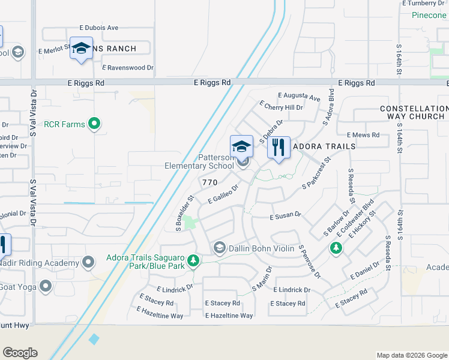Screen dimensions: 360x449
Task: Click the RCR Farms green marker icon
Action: click(x=94, y=124)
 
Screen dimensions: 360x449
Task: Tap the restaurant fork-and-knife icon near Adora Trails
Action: click(x=278, y=147)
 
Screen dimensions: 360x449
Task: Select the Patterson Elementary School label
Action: click(x=200, y=161)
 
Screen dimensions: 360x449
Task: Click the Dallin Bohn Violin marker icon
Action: click(x=219, y=248)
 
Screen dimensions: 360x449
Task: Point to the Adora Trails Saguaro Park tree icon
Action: click(x=193, y=260)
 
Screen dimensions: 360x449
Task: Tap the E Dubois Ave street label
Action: click(x=99, y=28)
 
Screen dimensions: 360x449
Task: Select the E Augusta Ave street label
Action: click(x=299, y=96)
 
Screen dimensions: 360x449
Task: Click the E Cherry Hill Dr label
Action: click(x=281, y=107)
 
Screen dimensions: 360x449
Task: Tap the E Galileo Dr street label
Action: click(x=223, y=194)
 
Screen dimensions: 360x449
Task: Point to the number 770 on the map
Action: click(x=209, y=182)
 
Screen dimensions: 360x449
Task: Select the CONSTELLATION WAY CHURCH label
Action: click(x=414, y=112)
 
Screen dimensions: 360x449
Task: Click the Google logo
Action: click(x=20, y=353)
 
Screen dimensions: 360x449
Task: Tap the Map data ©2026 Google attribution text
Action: click(x=411, y=355)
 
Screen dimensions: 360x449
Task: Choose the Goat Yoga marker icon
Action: click(x=45, y=286)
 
